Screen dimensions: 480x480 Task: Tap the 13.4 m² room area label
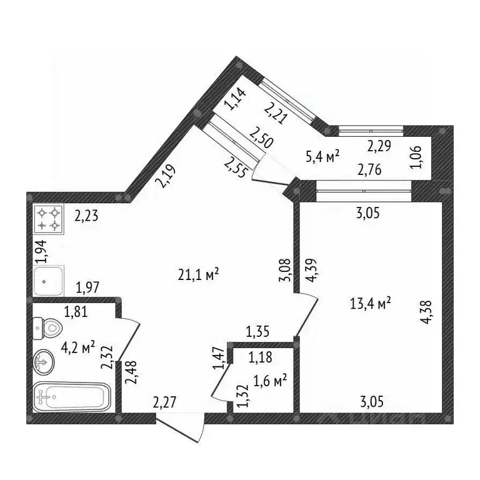pos(371,303)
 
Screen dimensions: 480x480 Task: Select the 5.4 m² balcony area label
pos(322,157)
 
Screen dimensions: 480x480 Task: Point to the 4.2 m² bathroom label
pos(77,346)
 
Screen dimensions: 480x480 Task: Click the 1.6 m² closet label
pos(270,379)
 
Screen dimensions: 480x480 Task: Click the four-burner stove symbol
pos(49,219)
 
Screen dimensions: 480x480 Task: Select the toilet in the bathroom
pos(47,326)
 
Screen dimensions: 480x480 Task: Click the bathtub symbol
pos(72,396)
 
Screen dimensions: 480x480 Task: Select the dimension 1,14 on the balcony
pos(237,100)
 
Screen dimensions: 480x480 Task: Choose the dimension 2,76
pos(370,169)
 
